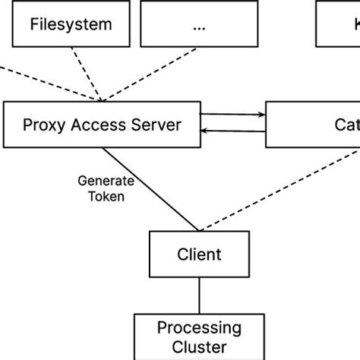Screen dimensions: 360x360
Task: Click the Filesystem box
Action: [x=70, y=24]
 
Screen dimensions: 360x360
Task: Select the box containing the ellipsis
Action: [x=199, y=24]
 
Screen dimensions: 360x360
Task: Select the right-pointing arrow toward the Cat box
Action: [x=235, y=115]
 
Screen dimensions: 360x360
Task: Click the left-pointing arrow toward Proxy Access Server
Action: [x=235, y=132]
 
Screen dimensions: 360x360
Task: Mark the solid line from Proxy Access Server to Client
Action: [x=152, y=190]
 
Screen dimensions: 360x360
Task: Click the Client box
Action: [x=199, y=254]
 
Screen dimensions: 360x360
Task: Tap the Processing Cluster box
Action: [x=199, y=336]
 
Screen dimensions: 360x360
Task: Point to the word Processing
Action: [x=199, y=328]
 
